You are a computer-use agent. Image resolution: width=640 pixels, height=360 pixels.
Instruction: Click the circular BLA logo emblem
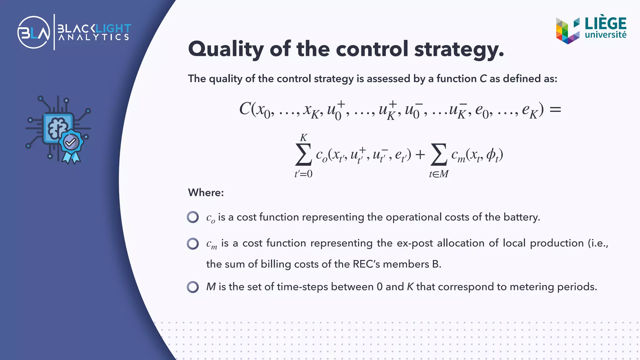[x=34, y=32]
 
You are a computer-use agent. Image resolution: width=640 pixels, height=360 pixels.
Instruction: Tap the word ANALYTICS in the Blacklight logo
[x=94, y=37]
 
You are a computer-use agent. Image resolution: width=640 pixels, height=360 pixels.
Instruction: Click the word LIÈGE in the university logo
[x=605, y=24]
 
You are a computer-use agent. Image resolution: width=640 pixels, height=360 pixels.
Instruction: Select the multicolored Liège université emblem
[x=567, y=31]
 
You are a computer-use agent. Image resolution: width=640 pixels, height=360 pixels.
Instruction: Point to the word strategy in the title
[x=458, y=49]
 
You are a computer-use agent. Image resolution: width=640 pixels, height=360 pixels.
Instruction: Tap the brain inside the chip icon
[x=57, y=127]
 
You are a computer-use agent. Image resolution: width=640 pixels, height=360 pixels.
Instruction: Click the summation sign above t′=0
[x=303, y=154]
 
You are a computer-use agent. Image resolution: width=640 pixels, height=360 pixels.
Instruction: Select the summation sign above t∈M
[x=438, y=154]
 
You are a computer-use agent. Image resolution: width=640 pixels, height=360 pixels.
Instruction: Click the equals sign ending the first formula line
[x=555, y=109]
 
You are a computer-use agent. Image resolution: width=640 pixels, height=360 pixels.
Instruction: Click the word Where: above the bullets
[x=206, y=192]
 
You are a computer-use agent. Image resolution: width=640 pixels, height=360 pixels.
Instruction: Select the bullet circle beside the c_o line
[x=193, y=217]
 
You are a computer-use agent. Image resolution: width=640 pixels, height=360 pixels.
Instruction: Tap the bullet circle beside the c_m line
[x=193, y=243]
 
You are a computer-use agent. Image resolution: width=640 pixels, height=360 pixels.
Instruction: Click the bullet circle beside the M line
[x=193, y=287]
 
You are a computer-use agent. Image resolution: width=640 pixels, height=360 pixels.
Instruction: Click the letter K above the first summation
[x=303, y=137]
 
